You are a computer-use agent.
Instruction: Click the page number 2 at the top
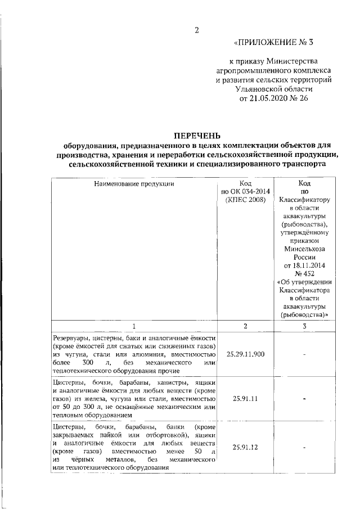tap(196, 30)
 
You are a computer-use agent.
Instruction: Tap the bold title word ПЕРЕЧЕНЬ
tap(196, 135)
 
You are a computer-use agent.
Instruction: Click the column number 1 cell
tap(134, 326)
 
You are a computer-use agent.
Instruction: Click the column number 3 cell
tap(304, 326)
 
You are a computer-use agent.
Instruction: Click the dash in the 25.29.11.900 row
tap(304, 355)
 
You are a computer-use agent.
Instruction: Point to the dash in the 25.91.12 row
tap(304, 448)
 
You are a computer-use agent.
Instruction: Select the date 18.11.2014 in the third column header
tap(304, 265)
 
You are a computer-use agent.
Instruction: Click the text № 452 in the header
tap(304, 274)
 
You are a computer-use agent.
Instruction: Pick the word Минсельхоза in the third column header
tap(304, 249)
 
